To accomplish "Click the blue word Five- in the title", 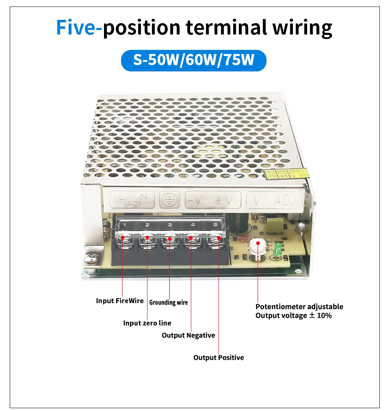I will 79,28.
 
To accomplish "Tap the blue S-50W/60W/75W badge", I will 194,61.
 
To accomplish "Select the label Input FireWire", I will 120,301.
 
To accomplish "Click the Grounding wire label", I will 169,302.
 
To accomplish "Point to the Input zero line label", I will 147,323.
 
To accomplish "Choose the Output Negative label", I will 188,335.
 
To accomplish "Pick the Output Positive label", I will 219,357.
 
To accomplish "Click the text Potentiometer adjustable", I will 299,307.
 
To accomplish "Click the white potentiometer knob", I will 256,245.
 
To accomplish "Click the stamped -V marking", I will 195,200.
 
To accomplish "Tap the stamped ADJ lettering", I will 286,200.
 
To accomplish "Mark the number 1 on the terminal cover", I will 125,225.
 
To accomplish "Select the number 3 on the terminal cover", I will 170,225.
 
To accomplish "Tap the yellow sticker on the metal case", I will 286,174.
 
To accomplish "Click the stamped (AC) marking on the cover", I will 130,203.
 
